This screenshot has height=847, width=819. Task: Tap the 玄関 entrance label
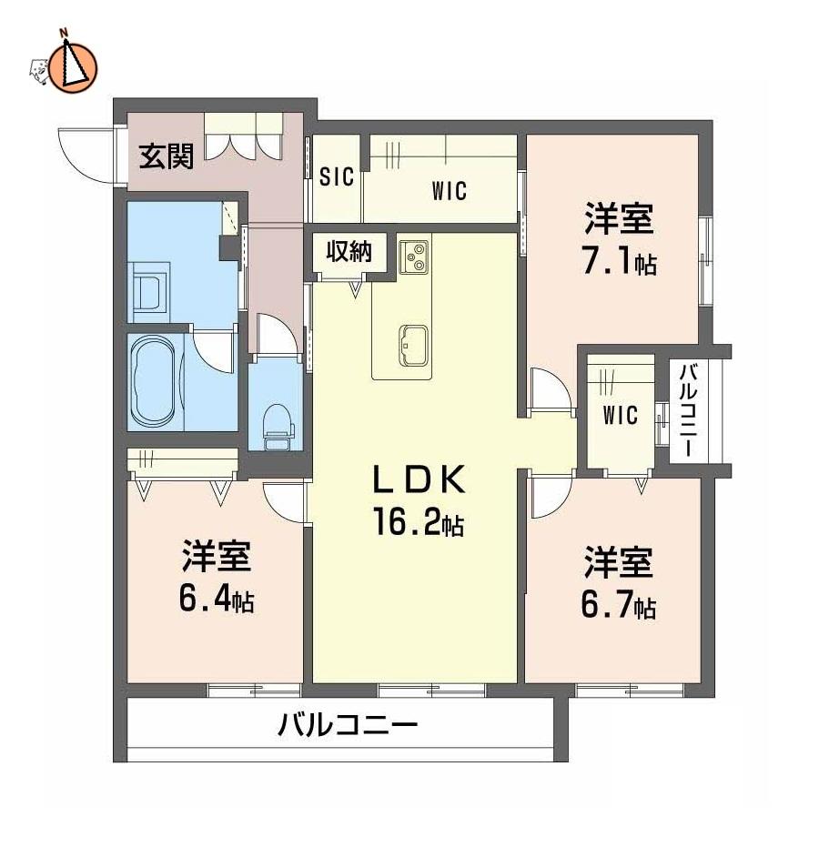click(166, 156)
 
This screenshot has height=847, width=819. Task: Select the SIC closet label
click(336, 176)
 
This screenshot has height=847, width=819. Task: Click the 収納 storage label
click(349, 251)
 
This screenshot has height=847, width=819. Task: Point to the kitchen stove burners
click(414, 257)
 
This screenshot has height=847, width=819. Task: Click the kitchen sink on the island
click(414, 346)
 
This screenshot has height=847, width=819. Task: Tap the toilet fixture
click(278, 426)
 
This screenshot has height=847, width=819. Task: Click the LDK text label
click(420, 479)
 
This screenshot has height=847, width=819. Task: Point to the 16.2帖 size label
click(418, 523)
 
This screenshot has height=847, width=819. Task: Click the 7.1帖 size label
click(620, 262)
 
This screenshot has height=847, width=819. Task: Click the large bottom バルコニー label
click(348, 725)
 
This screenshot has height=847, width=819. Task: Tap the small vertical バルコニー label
click(687, 410)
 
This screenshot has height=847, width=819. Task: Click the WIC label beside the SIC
click(449, 191)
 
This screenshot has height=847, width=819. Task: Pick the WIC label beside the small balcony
click(620, 416)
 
